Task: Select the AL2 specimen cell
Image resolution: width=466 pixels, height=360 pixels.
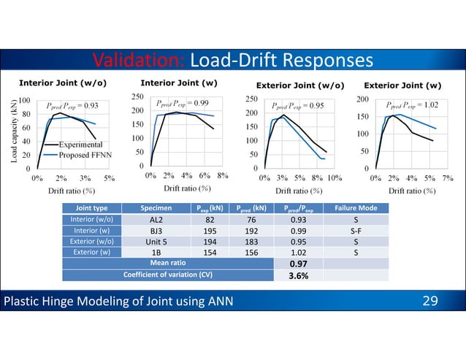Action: [156, 219]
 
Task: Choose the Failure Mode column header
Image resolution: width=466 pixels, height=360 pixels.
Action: [355, 208]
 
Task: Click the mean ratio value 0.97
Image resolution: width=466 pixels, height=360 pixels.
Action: [298, 264]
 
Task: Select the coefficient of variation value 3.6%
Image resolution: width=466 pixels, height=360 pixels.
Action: [298, 275]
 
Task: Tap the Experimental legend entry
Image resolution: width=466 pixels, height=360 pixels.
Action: [80, 144]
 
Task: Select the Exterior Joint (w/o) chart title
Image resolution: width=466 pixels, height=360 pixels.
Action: [300, 85]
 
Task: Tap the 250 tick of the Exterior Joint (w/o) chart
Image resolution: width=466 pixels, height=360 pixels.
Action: [252, 99]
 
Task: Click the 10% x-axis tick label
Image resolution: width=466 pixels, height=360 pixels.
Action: [334, 177]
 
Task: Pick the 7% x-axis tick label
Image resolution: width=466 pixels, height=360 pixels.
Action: [448, 177]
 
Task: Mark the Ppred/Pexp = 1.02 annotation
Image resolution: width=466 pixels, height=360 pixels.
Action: [413, 105]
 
